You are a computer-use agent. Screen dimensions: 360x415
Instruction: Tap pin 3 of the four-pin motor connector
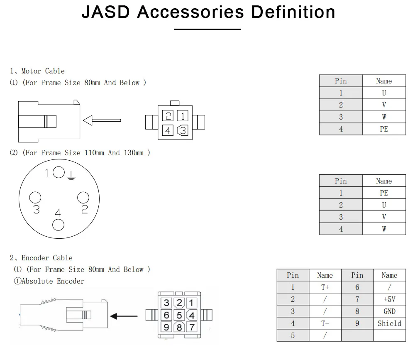tap(183, 130)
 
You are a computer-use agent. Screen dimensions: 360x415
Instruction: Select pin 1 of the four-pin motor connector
tap(183, 116)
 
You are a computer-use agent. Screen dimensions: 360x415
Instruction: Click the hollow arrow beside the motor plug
tap(102, 120)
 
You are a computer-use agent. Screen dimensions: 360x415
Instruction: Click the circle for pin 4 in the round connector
tap(58, 225)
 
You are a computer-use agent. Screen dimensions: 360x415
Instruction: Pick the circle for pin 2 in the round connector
tap(83, 198)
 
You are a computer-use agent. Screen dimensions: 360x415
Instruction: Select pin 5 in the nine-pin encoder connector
tap(179, 316)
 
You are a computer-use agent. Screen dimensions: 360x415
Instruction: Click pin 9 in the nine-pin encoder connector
tap(166, 327)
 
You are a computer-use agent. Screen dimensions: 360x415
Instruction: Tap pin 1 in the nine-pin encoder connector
tap(191, 303)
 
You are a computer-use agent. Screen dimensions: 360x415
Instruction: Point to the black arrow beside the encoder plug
tap(127, 316)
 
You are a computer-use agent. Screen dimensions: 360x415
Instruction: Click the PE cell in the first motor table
tap(384, 129)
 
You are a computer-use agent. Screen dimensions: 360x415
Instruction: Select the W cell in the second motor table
tap(384, 229)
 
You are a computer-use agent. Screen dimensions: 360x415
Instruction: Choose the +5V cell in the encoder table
tap(389, 299)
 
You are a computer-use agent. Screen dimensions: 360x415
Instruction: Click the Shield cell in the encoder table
tap(389, 323)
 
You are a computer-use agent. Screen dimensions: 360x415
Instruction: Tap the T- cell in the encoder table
tap(325, 323)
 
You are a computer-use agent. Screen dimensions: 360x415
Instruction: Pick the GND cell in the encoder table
tap(389, 311)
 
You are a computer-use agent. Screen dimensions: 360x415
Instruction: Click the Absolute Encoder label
tap(49, 281)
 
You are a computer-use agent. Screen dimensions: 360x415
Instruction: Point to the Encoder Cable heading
tap(46, 258)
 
